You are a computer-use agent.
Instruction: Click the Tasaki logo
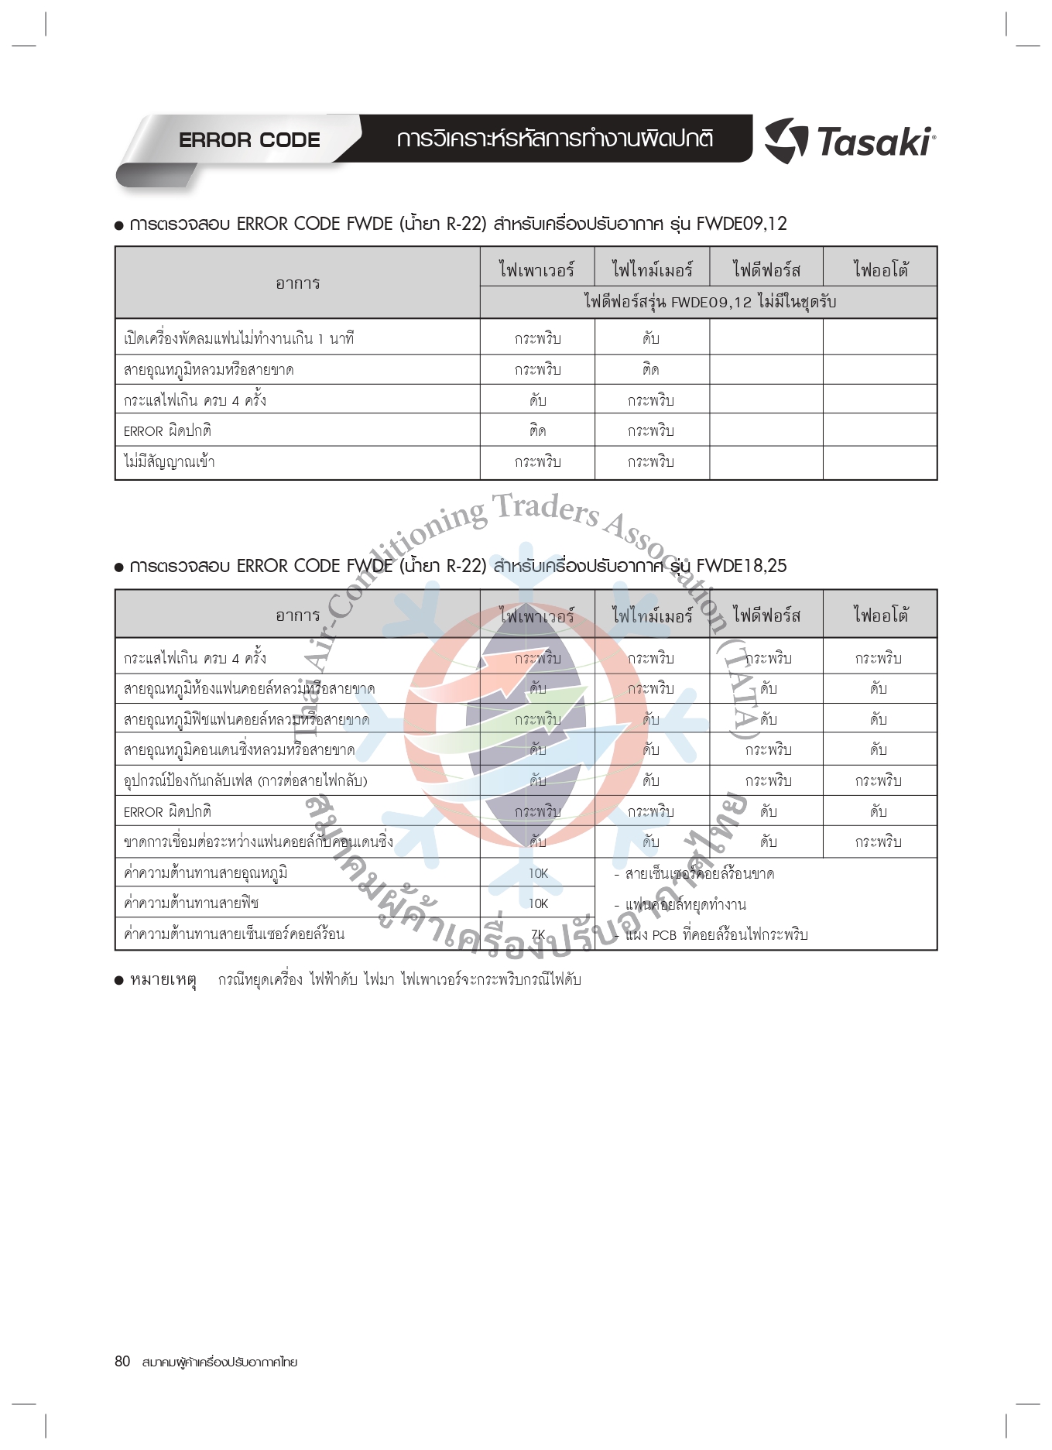850,142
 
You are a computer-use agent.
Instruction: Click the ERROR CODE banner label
249,140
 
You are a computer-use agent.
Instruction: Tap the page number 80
122,1361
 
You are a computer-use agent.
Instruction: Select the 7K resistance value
538,934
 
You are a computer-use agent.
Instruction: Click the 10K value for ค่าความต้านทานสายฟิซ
538,903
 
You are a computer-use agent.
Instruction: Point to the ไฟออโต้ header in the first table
880,269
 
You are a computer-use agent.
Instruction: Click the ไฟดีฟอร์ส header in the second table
766,615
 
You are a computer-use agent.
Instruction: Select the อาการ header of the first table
297,283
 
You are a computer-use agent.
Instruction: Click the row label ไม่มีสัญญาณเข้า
170,462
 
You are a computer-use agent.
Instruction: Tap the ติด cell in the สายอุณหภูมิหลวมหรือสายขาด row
651,370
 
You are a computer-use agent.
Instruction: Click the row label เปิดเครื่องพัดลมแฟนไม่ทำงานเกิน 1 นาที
238,338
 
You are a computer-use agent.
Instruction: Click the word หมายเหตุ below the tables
163,980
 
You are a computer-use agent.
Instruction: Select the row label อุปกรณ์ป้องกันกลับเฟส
245,780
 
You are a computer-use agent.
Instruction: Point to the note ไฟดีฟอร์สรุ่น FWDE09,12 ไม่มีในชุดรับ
709,302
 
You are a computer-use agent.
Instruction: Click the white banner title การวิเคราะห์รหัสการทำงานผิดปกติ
555,139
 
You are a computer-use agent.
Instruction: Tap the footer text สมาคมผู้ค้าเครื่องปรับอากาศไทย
220,1362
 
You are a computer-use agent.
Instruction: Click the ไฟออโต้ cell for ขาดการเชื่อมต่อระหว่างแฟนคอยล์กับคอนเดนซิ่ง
879,842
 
